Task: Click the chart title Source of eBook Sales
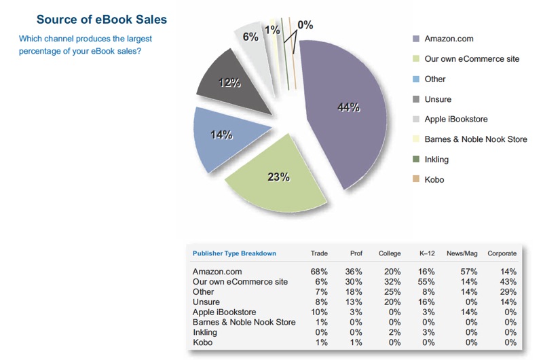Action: point(101,20)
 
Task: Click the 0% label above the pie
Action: point(305,25)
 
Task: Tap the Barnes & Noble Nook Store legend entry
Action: point(475,139)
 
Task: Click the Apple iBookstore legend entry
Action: point(455,119)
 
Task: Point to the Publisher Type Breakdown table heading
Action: point(234,253)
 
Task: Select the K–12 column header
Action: point(427,253)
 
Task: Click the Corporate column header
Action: point(502,253)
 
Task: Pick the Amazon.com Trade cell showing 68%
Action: point(319,272)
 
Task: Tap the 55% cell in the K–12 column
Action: point(427,281)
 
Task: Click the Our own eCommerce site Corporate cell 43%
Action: point(507,281)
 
